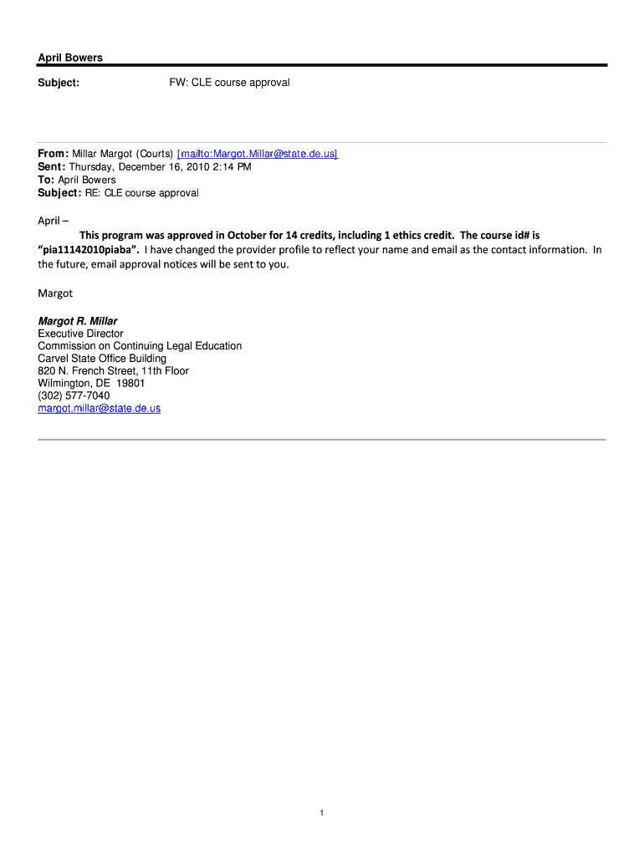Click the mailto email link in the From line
click(258, 154)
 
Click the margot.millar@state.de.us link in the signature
click(99, 408)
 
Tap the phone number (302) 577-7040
click(74, 395)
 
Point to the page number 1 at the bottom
click(322, 813)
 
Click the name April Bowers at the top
click(70, 58)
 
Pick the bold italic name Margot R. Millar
click(78, 321)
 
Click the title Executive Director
click(80, 334)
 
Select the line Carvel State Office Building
click(102, 359)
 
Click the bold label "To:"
click(46, 180)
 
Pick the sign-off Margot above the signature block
click(55, 293)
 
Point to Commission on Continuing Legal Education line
click(140, 346)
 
